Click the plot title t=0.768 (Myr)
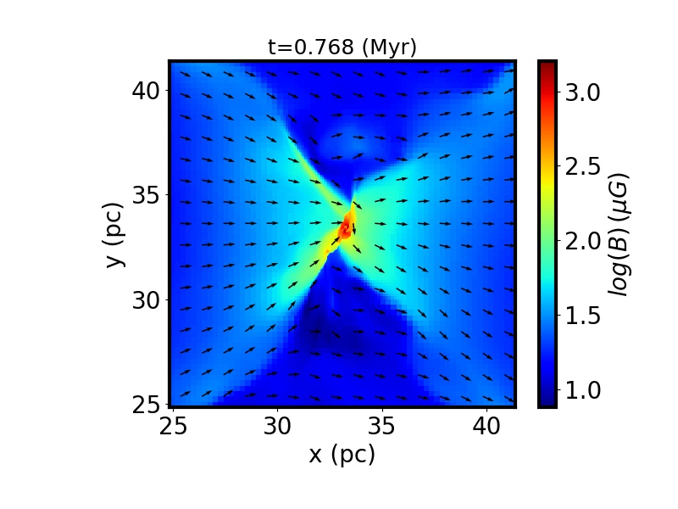coord(342,48)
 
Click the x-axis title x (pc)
coord(342,455)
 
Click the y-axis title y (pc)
coord(116,234)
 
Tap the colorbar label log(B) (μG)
coord(628,234)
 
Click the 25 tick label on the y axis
coord(147,405)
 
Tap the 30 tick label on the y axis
coord(147,299)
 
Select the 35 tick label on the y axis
coord(147,195)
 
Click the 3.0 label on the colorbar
coord(582,92)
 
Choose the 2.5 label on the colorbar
coord(582,167)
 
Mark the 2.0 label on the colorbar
coord(582,242)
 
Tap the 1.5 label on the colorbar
coord(582,316)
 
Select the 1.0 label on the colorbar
coord(582,390)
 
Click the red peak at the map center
coord(345,228)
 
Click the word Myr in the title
coord(389,48)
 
